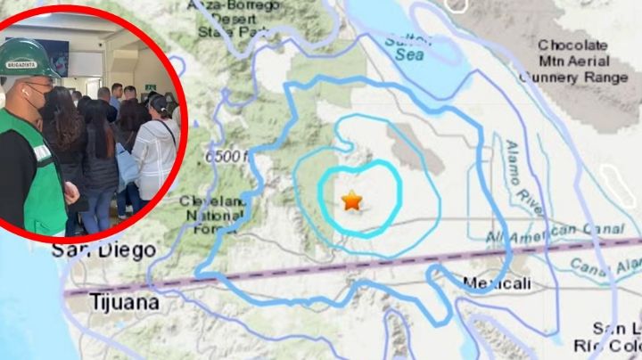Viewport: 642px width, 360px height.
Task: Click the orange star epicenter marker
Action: pyautogui.click(x=352, y=200)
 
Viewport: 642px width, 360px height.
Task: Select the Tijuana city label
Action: pyautogui.click(x=124, y=303)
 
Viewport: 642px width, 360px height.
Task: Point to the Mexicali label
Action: pyautogui.click(x=498, y=283)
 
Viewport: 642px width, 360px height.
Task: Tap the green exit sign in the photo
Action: pyautogui.click(x=151, y=86)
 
